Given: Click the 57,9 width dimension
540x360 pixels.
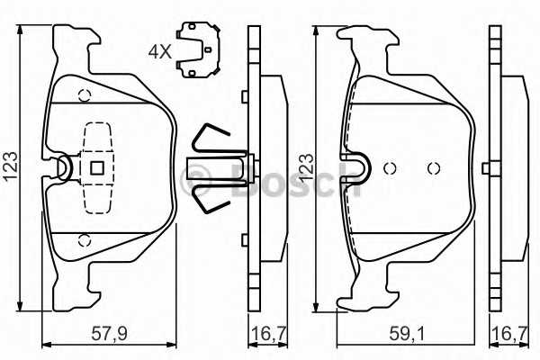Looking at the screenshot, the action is pos(110,334).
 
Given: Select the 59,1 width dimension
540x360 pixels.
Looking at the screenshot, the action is pos(408,334).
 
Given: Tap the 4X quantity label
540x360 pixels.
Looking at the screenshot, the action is pos(160,52).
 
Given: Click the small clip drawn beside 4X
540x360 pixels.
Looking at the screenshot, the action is pos(198,49).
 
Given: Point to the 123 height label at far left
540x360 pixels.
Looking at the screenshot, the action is pos(10,166).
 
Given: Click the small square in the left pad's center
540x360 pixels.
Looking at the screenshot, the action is pos(97,168).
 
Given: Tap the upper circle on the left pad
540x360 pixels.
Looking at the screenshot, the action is pos(85,95).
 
